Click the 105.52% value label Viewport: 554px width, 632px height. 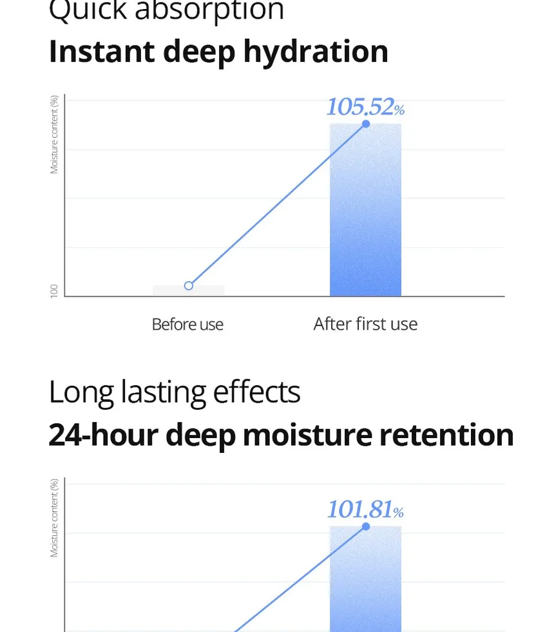pyautogui.click(x=365, y=107)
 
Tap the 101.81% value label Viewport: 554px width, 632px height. pyautogui.click(x=365, y=510)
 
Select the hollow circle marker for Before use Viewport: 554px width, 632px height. pyautogui.click(x=189, y=285)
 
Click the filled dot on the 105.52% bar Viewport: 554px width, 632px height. pyautogui.click(x=366, y=124)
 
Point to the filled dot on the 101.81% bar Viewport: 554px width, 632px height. pyautogui.click(x=366, y=526)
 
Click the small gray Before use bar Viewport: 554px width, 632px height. pyautogui.click(x=189, y=291)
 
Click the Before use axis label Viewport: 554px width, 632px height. pyautogui.click(x=187, y=324)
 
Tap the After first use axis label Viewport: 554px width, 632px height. pyautogui.click(x=365, y=323)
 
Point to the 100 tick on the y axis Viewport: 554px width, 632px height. pyautogui.click(x=54, y=291)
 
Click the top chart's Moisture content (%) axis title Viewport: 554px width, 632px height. pyautogui.click(x=55, y=135)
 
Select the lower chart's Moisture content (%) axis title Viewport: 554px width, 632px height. pyautogui.click(x=55, y=518)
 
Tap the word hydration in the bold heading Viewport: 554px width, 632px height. pyautogui.click(x=316, y=52)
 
